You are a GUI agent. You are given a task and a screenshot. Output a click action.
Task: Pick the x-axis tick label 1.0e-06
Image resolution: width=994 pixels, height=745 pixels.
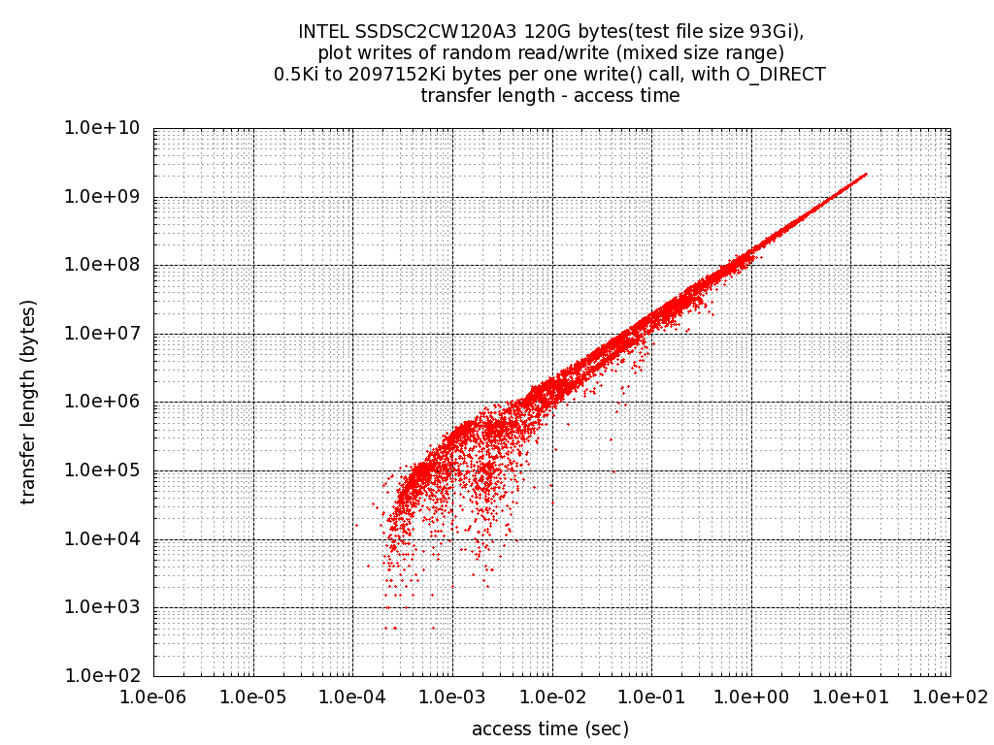pyautogui.click(x=153, y=696)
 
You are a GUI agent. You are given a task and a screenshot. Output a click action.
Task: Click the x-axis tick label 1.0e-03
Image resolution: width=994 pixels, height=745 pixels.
pyautogui.click(x=452, y=696)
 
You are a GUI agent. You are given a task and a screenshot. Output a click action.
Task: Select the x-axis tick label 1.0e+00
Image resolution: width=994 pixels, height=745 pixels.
pyautogui.click(x=751, y=696)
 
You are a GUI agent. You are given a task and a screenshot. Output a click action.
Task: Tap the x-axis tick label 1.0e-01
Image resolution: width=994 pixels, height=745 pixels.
pyautogui.click(x=651, y=696)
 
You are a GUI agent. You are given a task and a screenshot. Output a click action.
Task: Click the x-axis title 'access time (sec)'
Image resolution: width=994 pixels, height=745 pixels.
pyautogui.click(x=550, y=729)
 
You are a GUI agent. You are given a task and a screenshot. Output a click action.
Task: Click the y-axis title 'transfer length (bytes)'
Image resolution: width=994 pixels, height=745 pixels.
pyautogui.click(x=28, y=402)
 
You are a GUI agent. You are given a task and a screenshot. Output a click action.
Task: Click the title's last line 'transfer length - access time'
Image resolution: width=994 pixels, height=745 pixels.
pyautogui.click(x=550, y=96)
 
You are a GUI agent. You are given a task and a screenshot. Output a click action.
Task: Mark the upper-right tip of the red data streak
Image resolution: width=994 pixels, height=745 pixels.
pyautogui.click(x=866, y=175)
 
